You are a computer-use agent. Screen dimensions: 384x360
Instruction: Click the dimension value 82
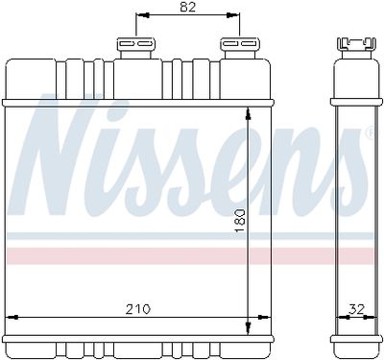(x=187, y=7)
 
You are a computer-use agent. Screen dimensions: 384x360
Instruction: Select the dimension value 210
(x=138, y=309)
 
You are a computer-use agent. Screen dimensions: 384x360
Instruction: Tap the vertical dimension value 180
(x=239, y=221)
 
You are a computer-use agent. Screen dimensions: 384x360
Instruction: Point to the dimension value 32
(x=356, y=309)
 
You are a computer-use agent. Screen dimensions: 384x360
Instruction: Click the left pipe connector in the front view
(x=136, y=48)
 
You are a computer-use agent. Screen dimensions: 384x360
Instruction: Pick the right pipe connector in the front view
(x=240, y=48)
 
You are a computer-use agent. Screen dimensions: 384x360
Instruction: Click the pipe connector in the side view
(x=356, y=48)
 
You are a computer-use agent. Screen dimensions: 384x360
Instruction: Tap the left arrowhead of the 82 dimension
(x=143, y=15)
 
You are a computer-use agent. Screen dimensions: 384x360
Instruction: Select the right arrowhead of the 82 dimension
(x=233, y=15)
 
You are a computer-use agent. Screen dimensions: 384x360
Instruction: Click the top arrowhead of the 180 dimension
(x=248, y=114)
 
